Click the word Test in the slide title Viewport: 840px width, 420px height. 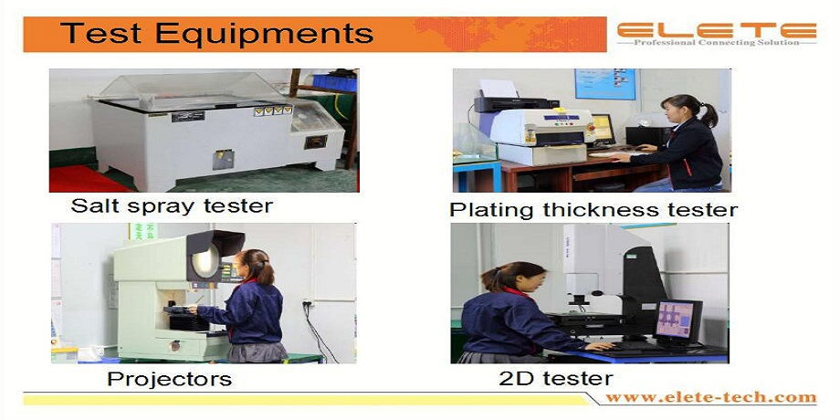pos(100,33)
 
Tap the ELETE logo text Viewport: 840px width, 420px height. pos(717,30)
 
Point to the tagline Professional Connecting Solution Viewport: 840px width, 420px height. pos(717,42)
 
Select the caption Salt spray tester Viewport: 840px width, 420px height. pos(172,205)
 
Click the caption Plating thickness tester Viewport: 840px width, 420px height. pos(593,209)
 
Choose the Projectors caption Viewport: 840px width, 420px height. pos(169,379)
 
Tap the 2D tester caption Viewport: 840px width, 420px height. pos(555,379)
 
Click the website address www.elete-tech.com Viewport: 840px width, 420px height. pos(711,397)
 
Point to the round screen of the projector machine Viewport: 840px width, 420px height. pos(205,261)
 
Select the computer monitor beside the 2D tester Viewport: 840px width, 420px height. pos(677,320)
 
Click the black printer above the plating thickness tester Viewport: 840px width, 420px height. pos(509,103)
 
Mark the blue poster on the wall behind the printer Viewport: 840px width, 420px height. pos(604,84)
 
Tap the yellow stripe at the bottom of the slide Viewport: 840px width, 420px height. pos(305,400)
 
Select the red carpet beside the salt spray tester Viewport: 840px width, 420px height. pos(86,179)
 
